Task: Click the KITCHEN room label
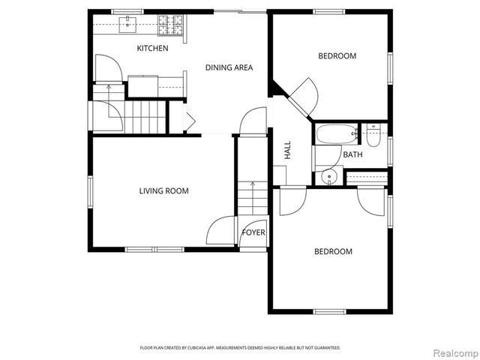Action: click(x=152, y=49)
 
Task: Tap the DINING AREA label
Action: click(x=229, y=67)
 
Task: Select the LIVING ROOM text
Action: click(x=163, y=191)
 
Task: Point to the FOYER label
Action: click(x=253, y=232)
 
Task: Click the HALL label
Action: click(x=287, y=151)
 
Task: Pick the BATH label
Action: click(x=352, y=155)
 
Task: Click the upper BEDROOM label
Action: click(x=337, y=56)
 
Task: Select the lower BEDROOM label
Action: click(x=332, y=252)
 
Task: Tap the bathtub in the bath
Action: click(x=336, y=135)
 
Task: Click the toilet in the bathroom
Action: click(x=373, y=135)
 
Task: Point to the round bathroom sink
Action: click(x=328, y=177)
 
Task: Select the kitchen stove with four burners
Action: click(x=170, y=26)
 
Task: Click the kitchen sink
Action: click(x=129, y=25)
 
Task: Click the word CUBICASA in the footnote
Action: click(x=206, y=348)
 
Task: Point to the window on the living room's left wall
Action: click(x=90, y=191)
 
